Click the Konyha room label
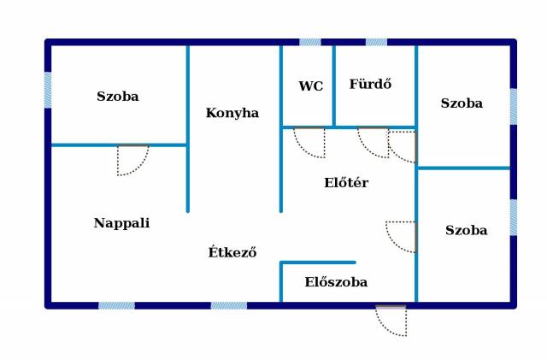[232, 113]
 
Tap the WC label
[310, 86]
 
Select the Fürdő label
[370, 84]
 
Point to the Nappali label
[121, 223]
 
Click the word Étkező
[232, 252]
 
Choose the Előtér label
[346, 183]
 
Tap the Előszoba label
[336, 282]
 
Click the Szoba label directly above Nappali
[118, 97]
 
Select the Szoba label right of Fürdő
[462, 103]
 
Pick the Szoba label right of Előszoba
[467, 231]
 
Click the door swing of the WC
[310, 142]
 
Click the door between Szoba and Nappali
[132, 160]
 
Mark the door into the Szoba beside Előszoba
[402, 236]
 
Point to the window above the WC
[310, 41]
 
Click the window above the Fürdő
[376, 41]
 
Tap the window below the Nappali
[116, 305]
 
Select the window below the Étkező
[229, 305]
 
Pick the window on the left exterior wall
[48, 90]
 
